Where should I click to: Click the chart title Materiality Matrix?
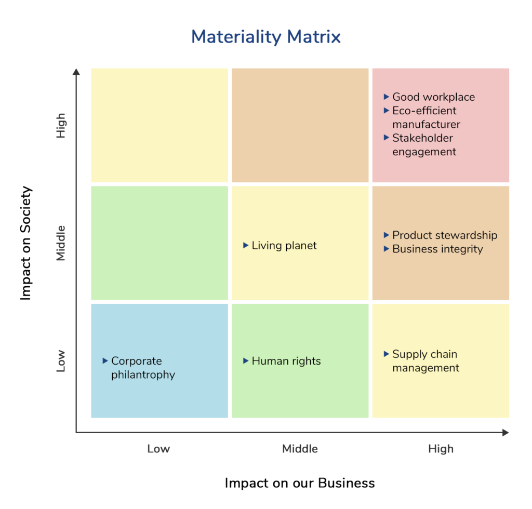(266, 37)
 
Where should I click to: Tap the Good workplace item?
(433, 97)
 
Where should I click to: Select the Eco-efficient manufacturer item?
(426, 117)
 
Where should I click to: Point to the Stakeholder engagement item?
(424, 145)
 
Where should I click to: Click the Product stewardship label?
(445, 235)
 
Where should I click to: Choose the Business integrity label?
(437, 249)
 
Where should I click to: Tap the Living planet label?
(284, 246)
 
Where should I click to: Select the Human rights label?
(286, 361)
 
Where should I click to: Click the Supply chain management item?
(425, 361)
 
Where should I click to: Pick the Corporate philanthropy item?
(143, 368)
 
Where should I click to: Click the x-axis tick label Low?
(158, 449)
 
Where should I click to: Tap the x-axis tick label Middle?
(300, 449)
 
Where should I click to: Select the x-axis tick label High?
(441, 449)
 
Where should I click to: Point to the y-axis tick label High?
(61, 125)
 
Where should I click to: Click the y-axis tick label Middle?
(61, 243)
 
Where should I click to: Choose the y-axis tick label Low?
(61, 361)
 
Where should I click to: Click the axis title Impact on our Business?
(300, 483)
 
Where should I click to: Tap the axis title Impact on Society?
(26, 243)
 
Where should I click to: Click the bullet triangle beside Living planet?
(246, 245)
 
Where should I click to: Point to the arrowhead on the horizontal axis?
(506, 432)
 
